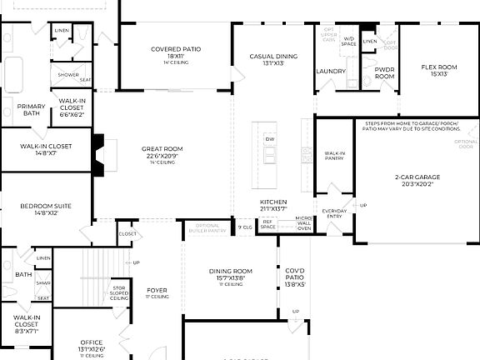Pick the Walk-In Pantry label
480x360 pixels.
point(335,155)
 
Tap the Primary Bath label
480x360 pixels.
point(32,109)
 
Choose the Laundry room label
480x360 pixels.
point(331,71)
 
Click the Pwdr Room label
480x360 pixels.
point(384,72)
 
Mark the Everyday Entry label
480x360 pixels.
point(335,213)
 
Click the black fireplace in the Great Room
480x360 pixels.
point(98,152)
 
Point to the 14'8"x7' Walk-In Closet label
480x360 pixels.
point(46,149)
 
